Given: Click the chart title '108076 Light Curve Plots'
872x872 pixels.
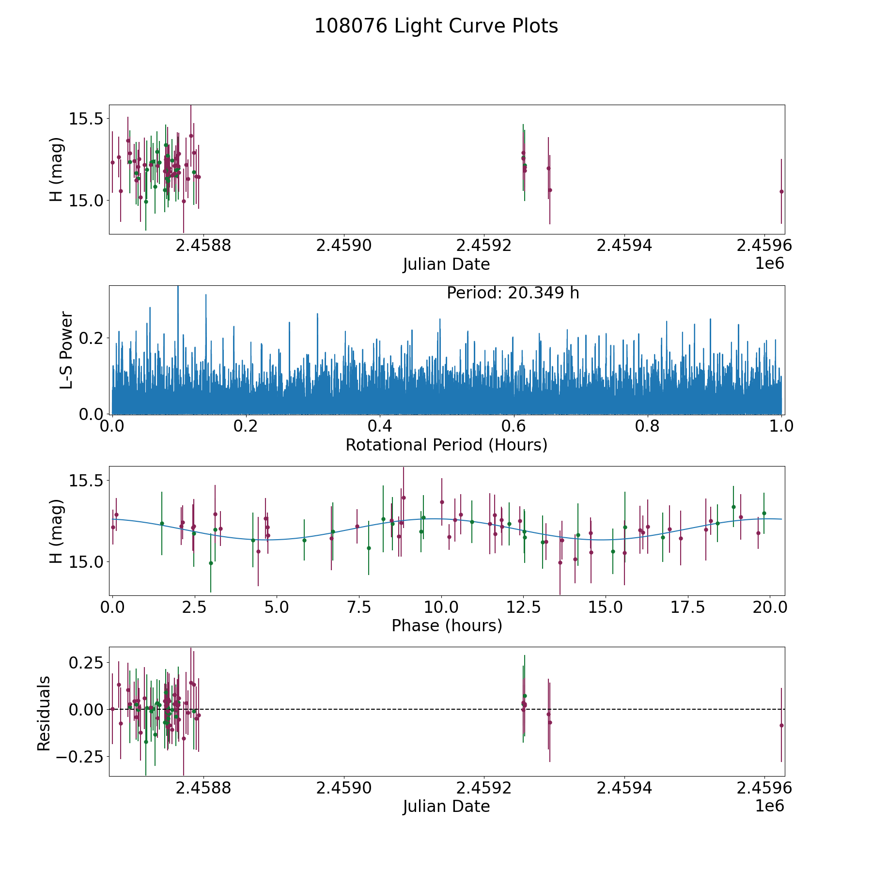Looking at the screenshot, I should coord(436,26).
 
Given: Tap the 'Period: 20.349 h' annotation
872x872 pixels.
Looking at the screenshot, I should coord(513,293).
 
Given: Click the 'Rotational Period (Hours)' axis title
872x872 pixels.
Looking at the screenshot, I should coord(446,445).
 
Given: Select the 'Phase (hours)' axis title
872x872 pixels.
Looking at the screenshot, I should coord(446,625).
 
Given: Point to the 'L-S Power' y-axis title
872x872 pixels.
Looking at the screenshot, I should coord(67,350).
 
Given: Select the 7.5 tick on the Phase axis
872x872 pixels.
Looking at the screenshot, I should coord(359,607).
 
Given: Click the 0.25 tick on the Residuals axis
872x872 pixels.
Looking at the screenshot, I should coord(87,662).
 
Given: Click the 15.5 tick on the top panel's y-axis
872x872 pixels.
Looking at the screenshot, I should coord(87,119).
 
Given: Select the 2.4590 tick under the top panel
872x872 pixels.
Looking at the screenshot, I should coord(343,246).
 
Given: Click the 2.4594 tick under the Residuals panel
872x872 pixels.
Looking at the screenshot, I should coord(624,788).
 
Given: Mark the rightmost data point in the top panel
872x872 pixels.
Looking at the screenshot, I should coord(781,191).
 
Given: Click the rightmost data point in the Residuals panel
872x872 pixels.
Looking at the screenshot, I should coord(781,725).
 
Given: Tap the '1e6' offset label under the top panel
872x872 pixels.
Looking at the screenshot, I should coord(769,264).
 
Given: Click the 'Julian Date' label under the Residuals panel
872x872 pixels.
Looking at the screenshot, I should coord(446,807).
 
